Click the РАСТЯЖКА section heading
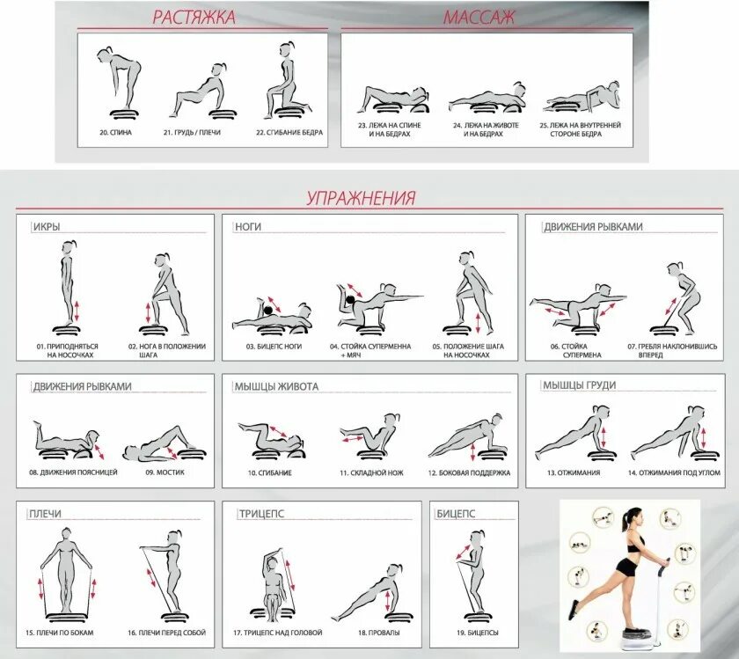point(194,17)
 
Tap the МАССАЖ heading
point(479,17)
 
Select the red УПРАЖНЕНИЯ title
point(362,197)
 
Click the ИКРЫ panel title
point(47,227)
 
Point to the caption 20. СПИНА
point(115,133)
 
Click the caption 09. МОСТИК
point(165,472)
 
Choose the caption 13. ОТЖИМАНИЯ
point(574,472)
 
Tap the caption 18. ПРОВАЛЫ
point(379,632)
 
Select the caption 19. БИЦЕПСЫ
point(478,632)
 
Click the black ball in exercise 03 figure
point(268,311)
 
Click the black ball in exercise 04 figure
point(350,300)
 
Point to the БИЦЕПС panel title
point(456,514)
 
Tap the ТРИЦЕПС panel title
point(261,514)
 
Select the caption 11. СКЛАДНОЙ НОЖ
point(372,472)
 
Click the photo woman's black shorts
point(626,567)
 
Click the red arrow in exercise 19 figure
point(463,552)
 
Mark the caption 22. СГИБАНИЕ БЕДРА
point(289,133)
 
